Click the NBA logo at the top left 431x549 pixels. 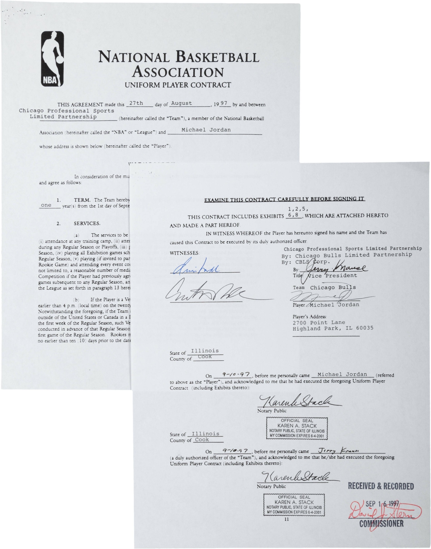(x=53, y=59)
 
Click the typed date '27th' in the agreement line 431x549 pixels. (x=136, y=103)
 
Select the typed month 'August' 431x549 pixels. (x=181, y=103)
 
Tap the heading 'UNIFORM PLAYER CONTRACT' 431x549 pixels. (x=178, y=85)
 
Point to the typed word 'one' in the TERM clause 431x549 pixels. (x=46, y=205)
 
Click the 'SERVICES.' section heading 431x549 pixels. (x=87, y=223)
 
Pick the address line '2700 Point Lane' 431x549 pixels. (x=319, y=322)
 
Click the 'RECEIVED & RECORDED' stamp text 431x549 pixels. (x=381, y=486)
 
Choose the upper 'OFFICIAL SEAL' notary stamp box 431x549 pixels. (x=297, y=428)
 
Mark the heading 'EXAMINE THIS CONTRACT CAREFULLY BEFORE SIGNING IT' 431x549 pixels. (x=285, y=200)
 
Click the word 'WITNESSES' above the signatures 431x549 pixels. (x=185, y=253)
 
